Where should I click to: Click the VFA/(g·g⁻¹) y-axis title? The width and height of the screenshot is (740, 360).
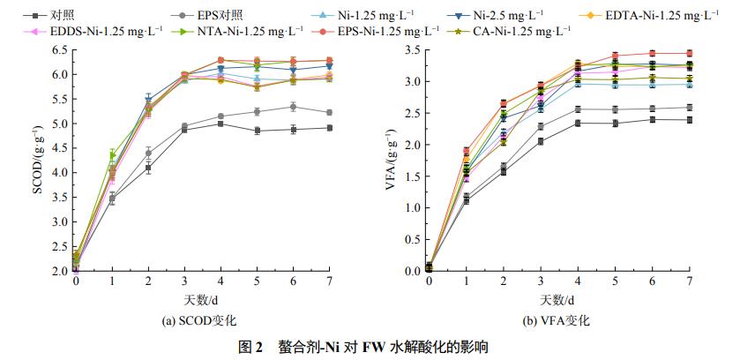pyautogui.click(x=392, y=160)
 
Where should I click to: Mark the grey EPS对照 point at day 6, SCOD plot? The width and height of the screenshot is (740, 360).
pyautogui.click(x=293, y=107)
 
